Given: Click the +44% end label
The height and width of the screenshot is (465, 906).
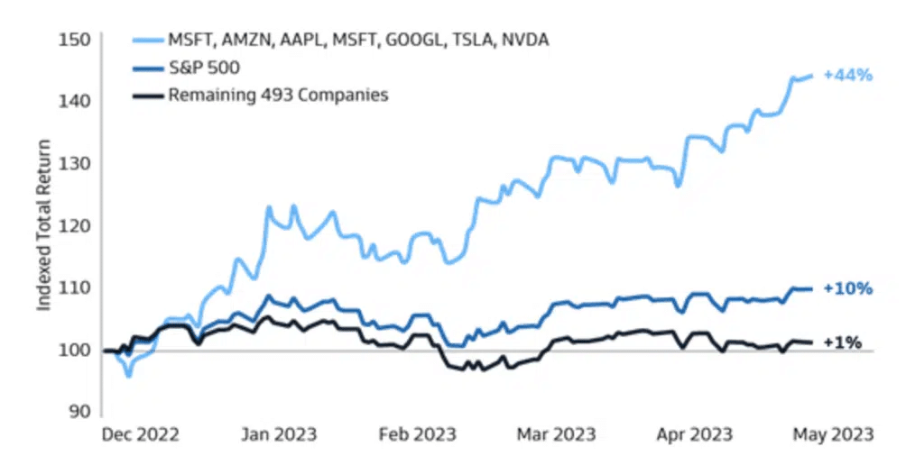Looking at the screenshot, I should (x=846, y=76).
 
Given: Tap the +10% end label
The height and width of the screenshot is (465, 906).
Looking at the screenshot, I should (x=846, y=289).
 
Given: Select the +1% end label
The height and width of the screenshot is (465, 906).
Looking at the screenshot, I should (x=843, y=342).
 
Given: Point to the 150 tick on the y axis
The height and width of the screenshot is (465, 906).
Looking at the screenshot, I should (x=75, y=40).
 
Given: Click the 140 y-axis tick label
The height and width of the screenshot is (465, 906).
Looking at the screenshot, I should (x=75, y=101).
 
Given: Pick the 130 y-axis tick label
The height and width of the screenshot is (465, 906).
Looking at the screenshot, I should (x=75, y=163).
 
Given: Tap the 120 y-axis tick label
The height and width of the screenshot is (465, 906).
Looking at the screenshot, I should (x=75, y=225).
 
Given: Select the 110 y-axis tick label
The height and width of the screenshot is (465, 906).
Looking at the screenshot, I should (x=75, y=287).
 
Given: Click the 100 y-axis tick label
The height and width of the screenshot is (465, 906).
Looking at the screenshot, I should (x=75, y=350).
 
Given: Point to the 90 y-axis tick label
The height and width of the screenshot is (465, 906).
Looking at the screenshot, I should (x=79, y=411).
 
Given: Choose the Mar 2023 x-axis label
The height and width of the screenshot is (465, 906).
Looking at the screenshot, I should (x=555, y=434).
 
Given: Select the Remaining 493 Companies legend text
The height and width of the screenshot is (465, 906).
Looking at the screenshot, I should (x=278, y=94).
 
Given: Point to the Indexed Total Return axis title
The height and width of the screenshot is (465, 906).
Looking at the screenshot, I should (x=43, y=224).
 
